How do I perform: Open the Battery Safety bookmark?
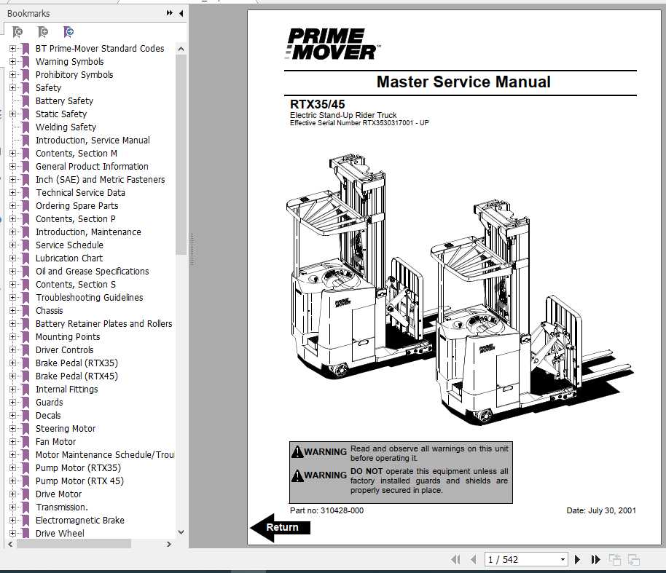click(64, 101)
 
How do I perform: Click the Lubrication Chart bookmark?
click(69, 258)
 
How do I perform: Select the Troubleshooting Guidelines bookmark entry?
click(89, 298)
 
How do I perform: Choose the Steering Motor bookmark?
click(66, 429)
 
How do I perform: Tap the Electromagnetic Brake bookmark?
click(79, 521)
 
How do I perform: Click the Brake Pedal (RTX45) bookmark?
click(77, 376)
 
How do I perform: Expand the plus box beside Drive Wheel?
click(12, 534)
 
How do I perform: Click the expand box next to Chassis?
click(12, 311)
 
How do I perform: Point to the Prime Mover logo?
click(332, 44)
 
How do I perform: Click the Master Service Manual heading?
click(463, 82)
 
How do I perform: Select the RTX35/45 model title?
click(318, 105)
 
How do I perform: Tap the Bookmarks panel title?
click(28, 13)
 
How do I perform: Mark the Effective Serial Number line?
click(359, 123)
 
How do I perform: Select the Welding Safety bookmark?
click(66, 127)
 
